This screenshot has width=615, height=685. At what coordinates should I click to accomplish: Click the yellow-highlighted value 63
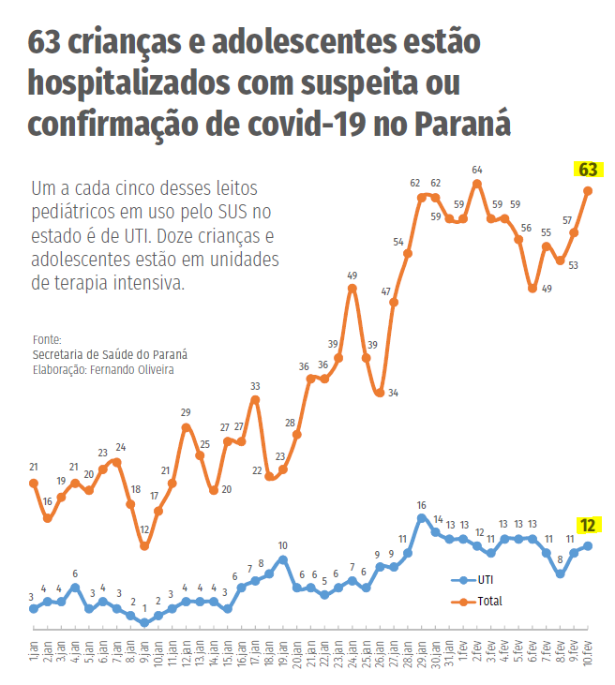[x=588, y=170]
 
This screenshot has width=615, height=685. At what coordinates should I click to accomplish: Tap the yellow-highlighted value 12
[x=588, y=526]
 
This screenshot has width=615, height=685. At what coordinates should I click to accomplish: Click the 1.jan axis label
[x=34, y=647]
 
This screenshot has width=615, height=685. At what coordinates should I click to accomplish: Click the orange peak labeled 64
[x=477, y=184]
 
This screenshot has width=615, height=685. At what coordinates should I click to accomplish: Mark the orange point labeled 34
[x=380, y=393]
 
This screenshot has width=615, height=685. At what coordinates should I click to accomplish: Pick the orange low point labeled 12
[x=144, y=545]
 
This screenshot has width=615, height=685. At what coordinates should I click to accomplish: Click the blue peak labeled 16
[x=422, y=517]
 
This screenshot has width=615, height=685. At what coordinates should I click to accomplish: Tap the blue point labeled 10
[x=282, y=559]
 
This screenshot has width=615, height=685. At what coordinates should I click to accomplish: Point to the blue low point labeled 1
[x=144, y=622]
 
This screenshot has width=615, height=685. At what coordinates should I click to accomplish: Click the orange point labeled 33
[x=255, y=400]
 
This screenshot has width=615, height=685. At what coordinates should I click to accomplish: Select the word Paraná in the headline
[x=463, y=122]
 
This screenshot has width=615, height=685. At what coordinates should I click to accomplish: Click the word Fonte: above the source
[x=47, y=339]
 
